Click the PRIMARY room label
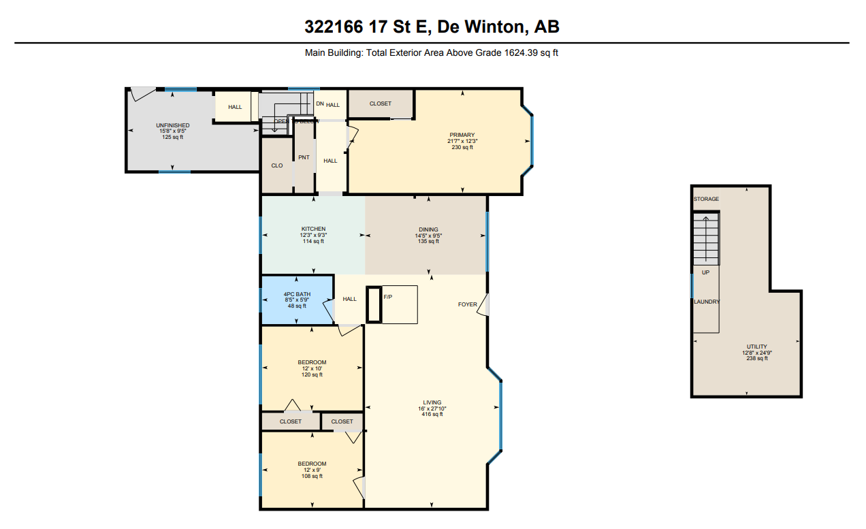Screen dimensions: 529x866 click(462, 135)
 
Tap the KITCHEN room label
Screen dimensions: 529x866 click(313, 229)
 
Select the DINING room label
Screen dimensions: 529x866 click(428, 229)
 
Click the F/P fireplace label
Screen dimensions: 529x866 click(388, 298)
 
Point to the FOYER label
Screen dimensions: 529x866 click(467, 304)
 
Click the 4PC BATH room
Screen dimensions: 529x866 click(297, 300)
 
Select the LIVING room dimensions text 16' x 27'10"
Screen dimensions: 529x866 click(432, 408)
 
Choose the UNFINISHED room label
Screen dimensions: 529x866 click(172, 125)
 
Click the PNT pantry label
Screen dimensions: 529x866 click(304, 157)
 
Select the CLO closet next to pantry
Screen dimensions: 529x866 click(277, 165)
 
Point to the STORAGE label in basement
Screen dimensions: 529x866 click(706, 199)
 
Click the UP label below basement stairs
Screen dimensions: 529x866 click(705, 272)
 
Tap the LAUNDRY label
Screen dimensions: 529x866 click(707, 302)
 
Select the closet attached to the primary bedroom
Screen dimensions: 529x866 click(381, 103)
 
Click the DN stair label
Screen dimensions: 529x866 click(319, 103)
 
